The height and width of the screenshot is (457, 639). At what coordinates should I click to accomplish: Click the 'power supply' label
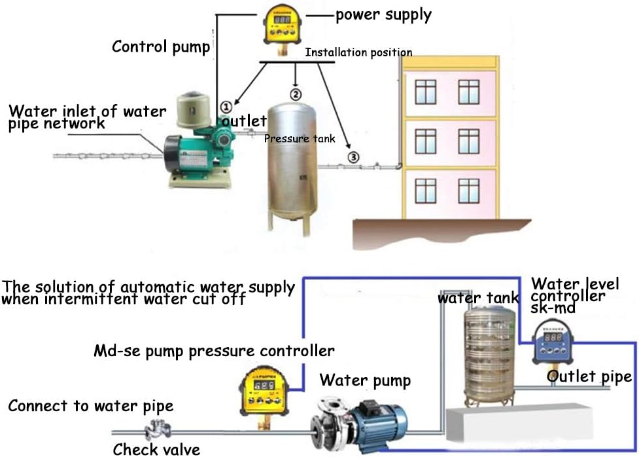coord(383,14)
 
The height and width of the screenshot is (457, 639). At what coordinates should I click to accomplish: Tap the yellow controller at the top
coord(286,27)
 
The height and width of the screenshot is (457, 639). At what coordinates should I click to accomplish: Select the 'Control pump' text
coord(161,46)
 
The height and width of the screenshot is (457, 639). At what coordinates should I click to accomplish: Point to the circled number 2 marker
coord(296,94)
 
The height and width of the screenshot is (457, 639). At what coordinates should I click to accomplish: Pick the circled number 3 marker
coord(353,157)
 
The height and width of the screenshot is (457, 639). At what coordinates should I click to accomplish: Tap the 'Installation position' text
coord(358,52)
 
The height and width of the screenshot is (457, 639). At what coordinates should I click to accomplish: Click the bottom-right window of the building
coord(468,191)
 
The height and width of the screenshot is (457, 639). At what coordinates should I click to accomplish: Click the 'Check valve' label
coord(157,449)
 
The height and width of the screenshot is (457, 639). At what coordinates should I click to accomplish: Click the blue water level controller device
coord(554,344)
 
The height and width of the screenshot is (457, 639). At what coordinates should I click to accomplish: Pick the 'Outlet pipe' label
coord(589,376)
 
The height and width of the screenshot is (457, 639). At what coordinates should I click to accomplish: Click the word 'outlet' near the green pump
coord(245,121)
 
